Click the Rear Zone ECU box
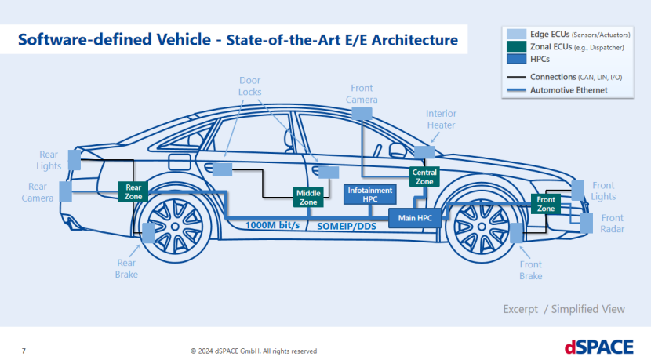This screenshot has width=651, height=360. pos(133,191)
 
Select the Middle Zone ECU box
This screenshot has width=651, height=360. pos(308,197)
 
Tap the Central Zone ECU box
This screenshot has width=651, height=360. pos(424,176)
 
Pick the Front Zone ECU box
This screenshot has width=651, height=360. pos(546,204)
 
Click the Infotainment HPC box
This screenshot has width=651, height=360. pos(371,194)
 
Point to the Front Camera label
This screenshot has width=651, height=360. pos(362,94)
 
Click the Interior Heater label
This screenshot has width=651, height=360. pos(441,119)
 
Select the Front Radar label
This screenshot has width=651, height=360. pos(612,224)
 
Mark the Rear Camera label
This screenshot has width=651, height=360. pos(38,192)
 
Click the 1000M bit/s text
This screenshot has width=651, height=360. pos(272,225)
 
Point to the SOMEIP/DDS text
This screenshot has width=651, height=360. pos(348,225)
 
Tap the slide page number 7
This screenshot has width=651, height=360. pos(24,350)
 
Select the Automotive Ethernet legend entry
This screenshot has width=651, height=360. pos(569,90)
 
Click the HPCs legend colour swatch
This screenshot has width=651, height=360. pos(515,60)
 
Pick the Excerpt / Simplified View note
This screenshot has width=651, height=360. pos(563,309)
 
